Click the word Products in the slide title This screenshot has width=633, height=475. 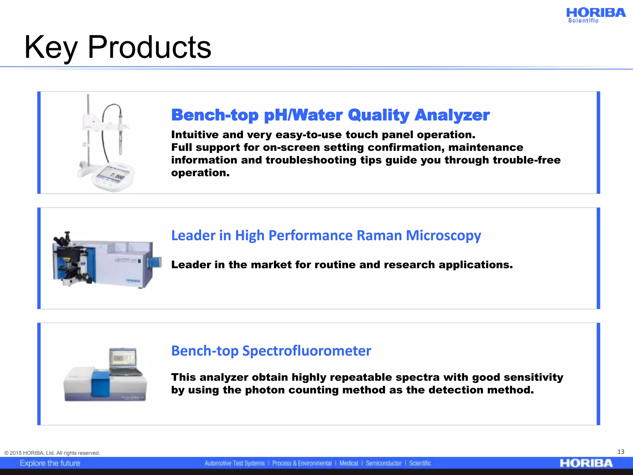149,47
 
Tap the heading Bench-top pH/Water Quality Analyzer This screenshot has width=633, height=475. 330,115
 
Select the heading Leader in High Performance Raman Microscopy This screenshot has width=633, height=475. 326,235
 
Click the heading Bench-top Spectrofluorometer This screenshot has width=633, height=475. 271,351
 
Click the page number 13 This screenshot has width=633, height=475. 621,452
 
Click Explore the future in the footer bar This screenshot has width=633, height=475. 50,463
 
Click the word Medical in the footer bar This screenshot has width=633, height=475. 348,463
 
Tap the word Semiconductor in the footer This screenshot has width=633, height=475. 383,463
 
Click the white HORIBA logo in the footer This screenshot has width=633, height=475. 586,463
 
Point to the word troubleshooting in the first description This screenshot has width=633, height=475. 311,160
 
